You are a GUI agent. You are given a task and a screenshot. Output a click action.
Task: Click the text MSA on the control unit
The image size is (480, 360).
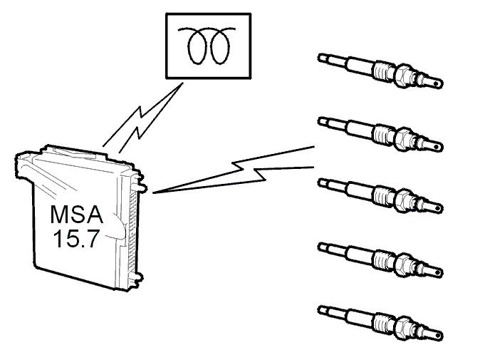(x=76, y=215)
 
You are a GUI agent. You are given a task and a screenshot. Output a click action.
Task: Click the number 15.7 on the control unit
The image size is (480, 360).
(x=76, y=239)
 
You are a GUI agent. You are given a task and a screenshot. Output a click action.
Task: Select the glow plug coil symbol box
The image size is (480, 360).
(x=209, y=46)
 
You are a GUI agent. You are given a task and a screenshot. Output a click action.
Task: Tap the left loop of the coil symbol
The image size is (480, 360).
(x=196, y=46)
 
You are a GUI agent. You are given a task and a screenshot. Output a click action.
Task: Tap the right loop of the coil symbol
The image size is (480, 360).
(x=220, y=46)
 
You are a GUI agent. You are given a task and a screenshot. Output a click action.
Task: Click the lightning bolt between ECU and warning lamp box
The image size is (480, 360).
(x=142, y=118)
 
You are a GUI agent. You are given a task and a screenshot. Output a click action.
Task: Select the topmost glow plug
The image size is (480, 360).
(x=380, y=71)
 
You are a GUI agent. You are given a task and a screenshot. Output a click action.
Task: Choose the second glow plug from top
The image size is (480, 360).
(x=380, y=134)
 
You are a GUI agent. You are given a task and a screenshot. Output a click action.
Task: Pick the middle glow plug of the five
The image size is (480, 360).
(x=380, y=195)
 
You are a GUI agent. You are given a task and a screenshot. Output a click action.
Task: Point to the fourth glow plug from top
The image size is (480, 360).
(x=380, y=259)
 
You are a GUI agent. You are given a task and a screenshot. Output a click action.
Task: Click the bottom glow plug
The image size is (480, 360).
(x=380, y=322)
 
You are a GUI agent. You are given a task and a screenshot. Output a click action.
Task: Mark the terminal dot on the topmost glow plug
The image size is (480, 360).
(x=437, y=83)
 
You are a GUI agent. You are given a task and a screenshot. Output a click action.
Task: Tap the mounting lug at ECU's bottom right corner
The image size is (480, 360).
(x=137, y=278)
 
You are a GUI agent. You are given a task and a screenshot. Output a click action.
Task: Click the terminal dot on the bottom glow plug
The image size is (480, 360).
(x=437, y=335)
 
